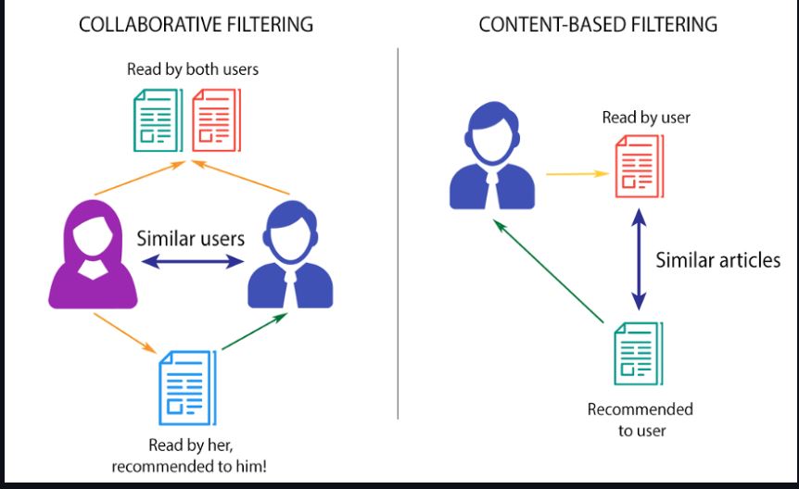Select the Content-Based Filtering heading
[x=598, y=25]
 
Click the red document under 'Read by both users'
[x=215, y=120]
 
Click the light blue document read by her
[x=184, y=382]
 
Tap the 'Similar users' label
[x=190, y=238]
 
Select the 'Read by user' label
[x=646, y=117]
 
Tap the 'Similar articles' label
[x=718, y=260]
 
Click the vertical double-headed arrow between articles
[x=638, y=260]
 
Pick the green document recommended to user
[x=639, y=352]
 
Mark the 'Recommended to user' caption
[x=640, y=420]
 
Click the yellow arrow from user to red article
[x=574, y=171]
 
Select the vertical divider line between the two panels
[x=398, y=232]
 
